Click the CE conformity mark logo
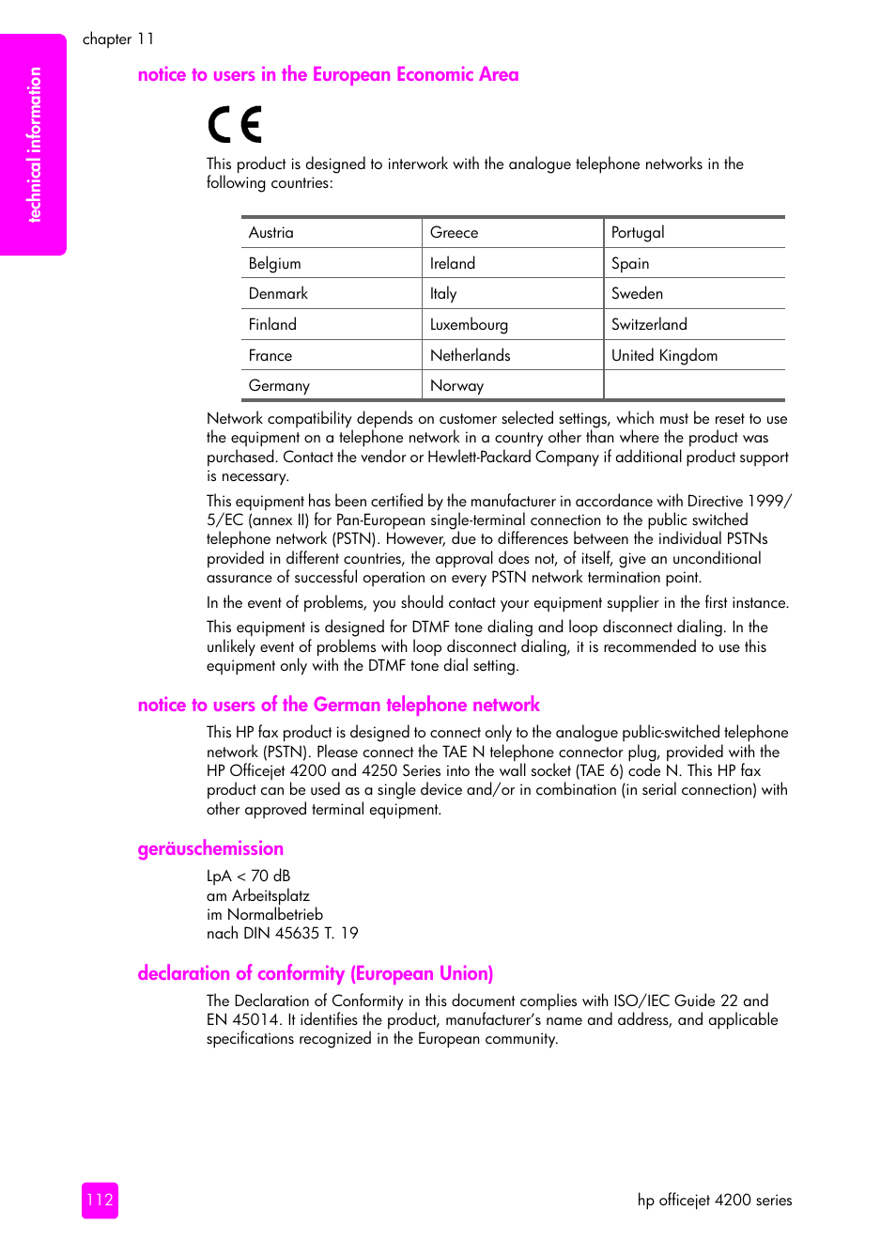click(x=235, y=125)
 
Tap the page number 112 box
click(x=100, y=1200)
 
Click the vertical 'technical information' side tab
click(x=34, y=145)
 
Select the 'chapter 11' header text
click(x=117, y=39)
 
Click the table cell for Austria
click(x=331, y=233)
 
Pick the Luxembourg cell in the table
click(x=512, y=325)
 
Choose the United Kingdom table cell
click(x=693, y=356)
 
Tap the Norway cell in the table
click(x=512, y=386)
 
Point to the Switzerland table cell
click(x=693, y=325)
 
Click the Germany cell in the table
click(x=331, y=386)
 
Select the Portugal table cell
click(x=693, y=233)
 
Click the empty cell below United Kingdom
click(x=693, y=386)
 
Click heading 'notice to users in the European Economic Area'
click(x=328, y=74)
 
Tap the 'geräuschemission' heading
click(x=210, y=848)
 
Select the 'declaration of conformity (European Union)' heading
click(x=315, y=973)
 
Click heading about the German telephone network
click(x=338, y=705)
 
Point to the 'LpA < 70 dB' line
click(x=249, y=876)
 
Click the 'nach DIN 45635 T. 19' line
click(x=282, y=933)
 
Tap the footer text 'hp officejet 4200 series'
click(x=714, y=1200)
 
